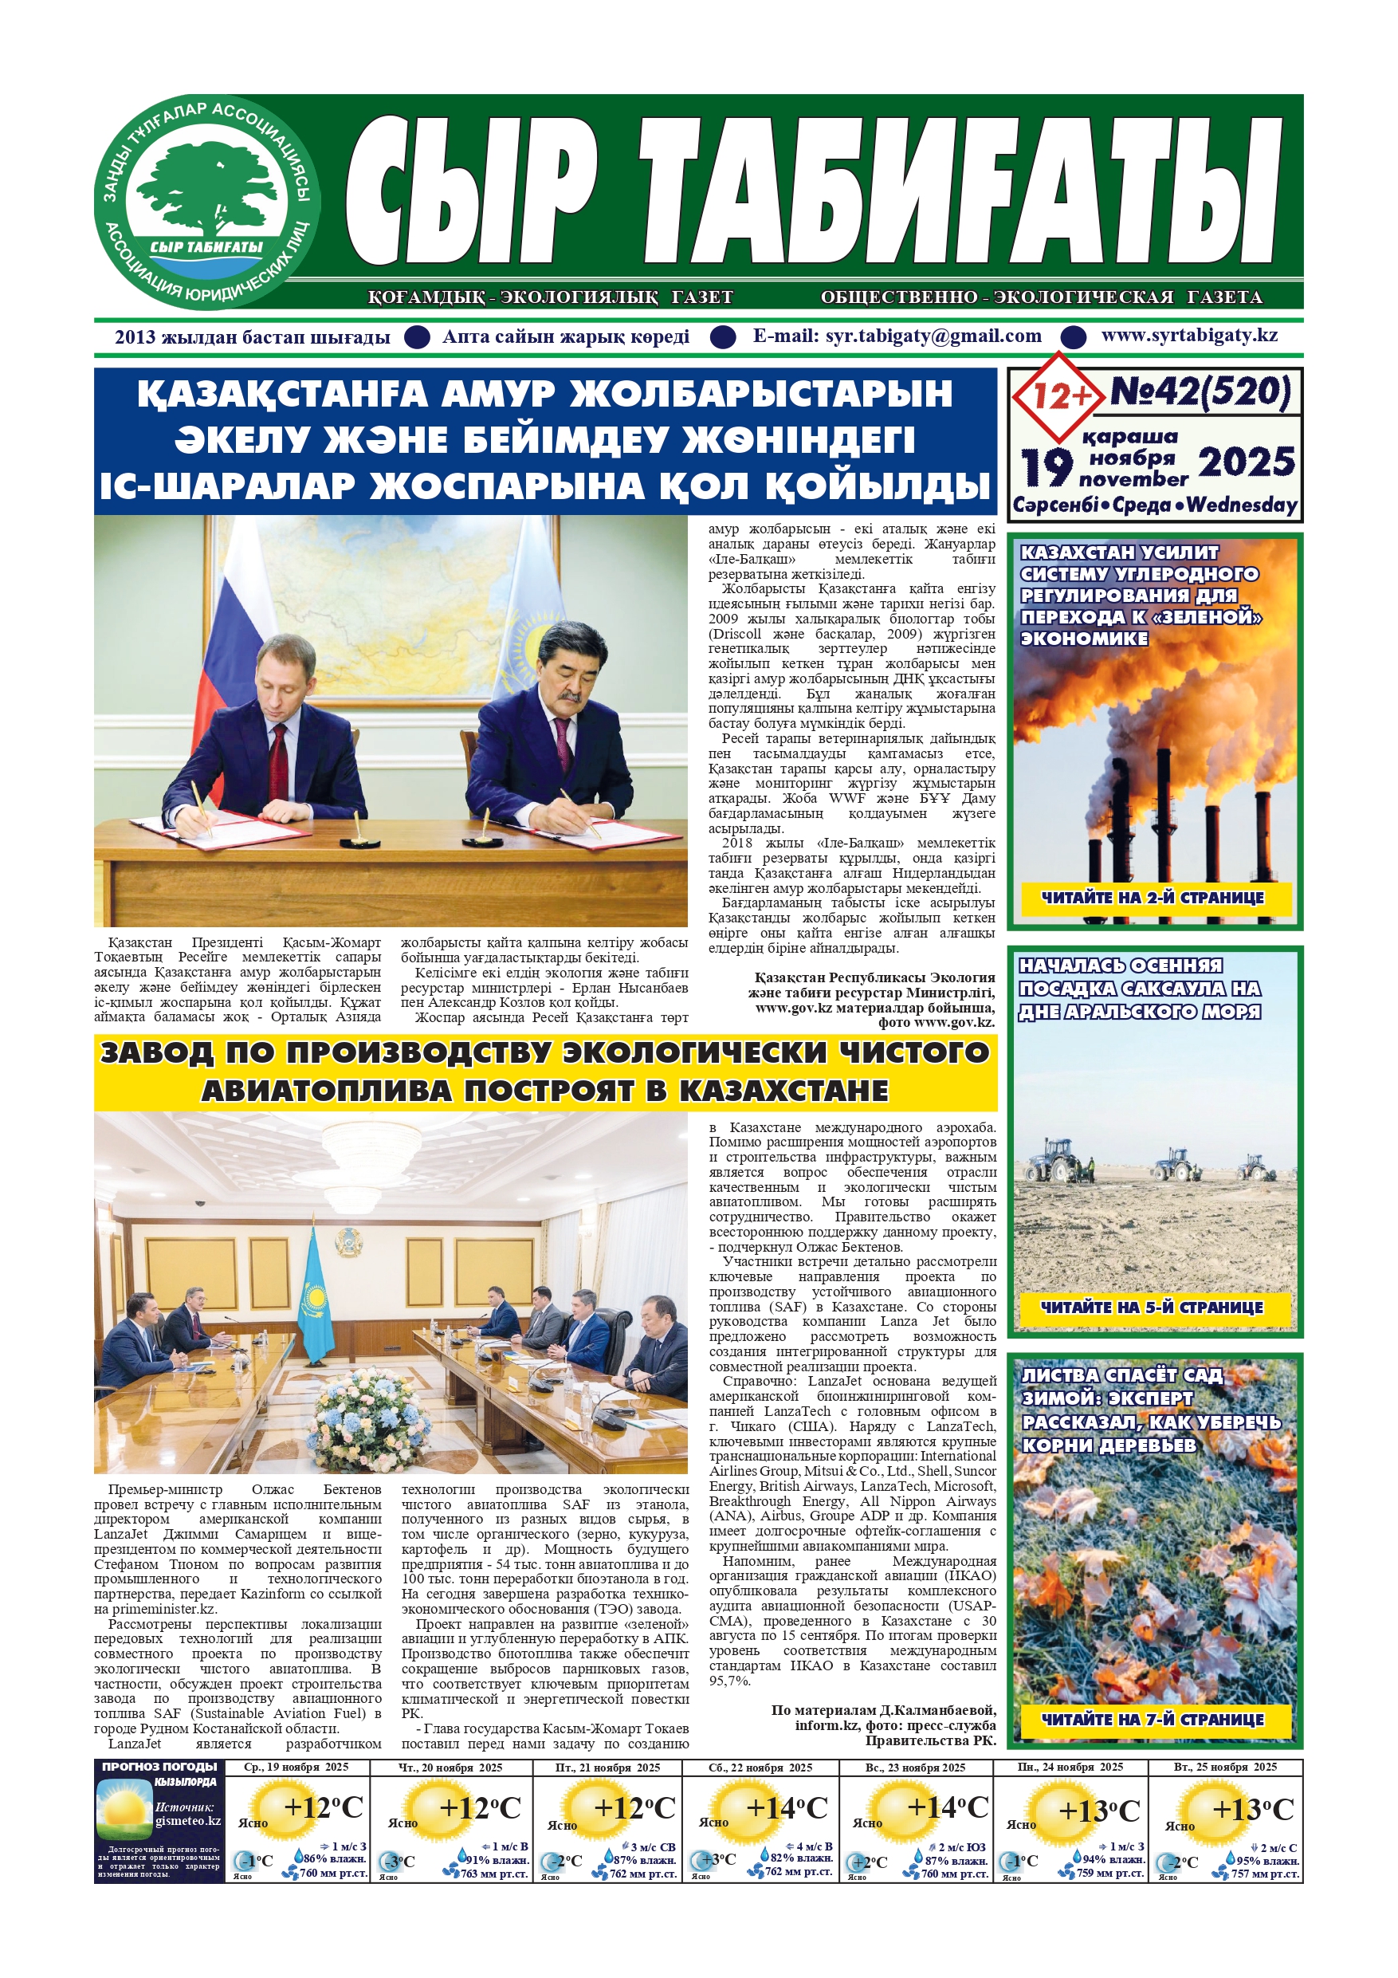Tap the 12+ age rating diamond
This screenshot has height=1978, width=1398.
[1060, 396]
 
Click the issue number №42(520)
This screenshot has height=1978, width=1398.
[1200, 392]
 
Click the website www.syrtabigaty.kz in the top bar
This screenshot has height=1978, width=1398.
[1188, 336]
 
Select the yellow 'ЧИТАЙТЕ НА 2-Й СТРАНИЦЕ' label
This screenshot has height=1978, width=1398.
[1153, 898]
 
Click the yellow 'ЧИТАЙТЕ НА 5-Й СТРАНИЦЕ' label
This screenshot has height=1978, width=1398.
[1152, 1307]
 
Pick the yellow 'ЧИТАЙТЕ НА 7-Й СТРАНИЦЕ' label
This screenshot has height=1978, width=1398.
[1153, 1720]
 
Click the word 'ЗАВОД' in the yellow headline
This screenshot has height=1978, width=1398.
[156, 1052]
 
